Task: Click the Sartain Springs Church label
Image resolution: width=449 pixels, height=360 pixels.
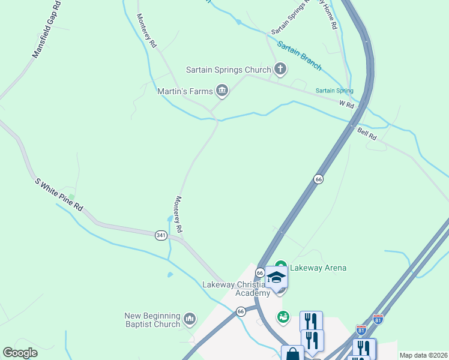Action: click(229, 70)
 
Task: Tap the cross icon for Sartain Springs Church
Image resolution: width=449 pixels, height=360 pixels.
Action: click(280, 69)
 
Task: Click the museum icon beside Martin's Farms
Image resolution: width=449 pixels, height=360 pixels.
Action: click(222, 91)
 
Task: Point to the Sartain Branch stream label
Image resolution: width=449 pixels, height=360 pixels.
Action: click(299, 55)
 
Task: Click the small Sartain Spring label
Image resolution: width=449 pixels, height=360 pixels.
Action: click(334, 91)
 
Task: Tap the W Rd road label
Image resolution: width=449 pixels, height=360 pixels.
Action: click(346, 104)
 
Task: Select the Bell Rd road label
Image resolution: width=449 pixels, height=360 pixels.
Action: click(367, 133)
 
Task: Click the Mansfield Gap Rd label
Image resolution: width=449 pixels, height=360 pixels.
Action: click(46, 29)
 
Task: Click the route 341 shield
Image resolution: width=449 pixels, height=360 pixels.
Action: click(160, 235)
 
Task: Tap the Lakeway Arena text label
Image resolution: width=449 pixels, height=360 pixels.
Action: click(318, 268)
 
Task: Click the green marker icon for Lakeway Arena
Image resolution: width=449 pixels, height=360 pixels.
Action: click(282, 268)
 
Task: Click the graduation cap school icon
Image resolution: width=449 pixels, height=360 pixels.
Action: click(276, 277)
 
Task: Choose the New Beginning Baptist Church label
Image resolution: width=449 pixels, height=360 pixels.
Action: click(152, 320)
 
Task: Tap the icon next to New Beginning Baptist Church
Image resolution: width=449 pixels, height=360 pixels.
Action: click(190, 317)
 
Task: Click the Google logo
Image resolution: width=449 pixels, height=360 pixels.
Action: click(20, 353)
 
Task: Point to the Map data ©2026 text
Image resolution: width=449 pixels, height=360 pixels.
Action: click(423, 355)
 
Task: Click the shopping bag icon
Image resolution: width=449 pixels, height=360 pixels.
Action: click(292, 354)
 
